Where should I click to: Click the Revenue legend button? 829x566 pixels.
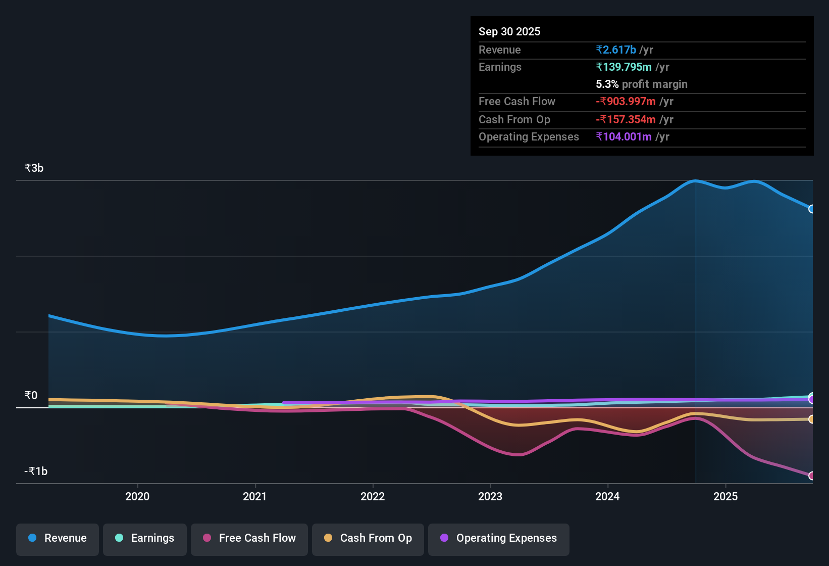pyautogui.click(x=58, y=539)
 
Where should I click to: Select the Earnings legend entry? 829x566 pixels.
pyautogui.click(x=145, y=539)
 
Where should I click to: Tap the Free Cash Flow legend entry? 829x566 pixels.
pyautogui.click(x=249, y=539)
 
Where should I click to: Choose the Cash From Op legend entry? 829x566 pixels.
pyautogui.click(x=368, y=539)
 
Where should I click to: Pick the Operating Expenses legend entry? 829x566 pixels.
pyautogui.click(x=499, y=539)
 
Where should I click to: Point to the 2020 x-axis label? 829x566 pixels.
pyautogui.click(x=137, y=497)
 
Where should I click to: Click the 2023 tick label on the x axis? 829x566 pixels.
pyautogui.click(x=490, y=497)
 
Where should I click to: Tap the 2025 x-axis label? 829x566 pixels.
pyautogui.click(x=726, y=497)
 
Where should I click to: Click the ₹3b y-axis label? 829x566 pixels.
pyautogui.click(x=34, y=168)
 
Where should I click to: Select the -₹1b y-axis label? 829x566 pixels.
pyautogui.click(x=36, y=471)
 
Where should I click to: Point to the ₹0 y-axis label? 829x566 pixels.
pyautogui.click(x=31, y=396)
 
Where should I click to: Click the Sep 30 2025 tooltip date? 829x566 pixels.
pyautogui.click(x=509, y=32)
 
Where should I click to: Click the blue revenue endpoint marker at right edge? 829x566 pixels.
pyautogui.click(x=811, y=209)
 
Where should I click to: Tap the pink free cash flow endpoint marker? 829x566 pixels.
pyautogui.click(x=811, y=476)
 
